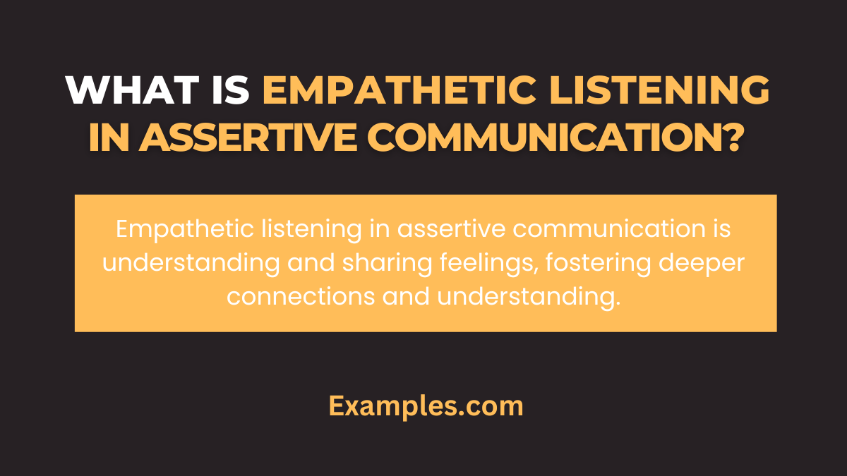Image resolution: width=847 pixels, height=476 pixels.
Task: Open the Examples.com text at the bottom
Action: (426, 406)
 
